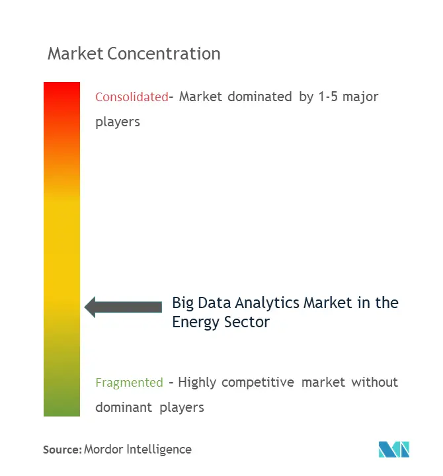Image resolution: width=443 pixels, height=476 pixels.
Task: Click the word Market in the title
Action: (75, 54)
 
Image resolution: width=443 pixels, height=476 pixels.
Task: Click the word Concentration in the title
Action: (164, 54)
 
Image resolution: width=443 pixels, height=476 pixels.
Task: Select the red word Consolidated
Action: (132, 97)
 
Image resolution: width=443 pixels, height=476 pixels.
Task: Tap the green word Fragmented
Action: (130, 383)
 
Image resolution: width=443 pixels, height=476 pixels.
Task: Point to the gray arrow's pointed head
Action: (85, 307)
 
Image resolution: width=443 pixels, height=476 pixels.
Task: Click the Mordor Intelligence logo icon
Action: (394, 450)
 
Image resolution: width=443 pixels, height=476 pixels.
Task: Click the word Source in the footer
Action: (61, 450)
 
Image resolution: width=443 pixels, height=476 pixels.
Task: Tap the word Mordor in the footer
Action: (103, 450)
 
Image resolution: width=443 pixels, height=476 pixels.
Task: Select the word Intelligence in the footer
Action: (159, 450)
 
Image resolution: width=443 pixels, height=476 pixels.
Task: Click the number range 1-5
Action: (328, 97)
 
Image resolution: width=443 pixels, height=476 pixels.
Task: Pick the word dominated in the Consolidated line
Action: (260, 97)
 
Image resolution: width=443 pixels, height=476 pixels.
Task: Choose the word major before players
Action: (360, 98)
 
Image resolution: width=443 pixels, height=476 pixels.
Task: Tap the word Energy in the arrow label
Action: (196, 323)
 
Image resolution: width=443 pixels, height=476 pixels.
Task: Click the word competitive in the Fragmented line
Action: (258, 383)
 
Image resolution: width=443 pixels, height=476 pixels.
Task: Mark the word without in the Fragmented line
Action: (374, 382)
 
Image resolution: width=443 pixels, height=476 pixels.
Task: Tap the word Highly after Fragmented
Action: (197, 383)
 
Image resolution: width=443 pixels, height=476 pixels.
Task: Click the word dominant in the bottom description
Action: (124, 407)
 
